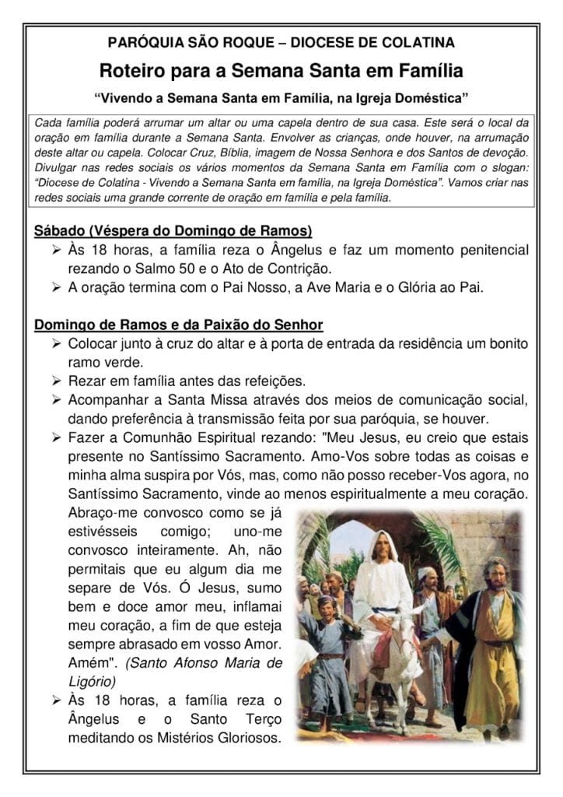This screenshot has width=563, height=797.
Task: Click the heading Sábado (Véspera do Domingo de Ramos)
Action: point(173,231)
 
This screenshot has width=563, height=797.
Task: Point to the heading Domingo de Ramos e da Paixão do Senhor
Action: point(179,324)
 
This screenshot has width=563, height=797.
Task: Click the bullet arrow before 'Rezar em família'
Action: point(57,381)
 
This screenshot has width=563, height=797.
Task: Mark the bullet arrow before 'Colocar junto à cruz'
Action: point(57,343)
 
